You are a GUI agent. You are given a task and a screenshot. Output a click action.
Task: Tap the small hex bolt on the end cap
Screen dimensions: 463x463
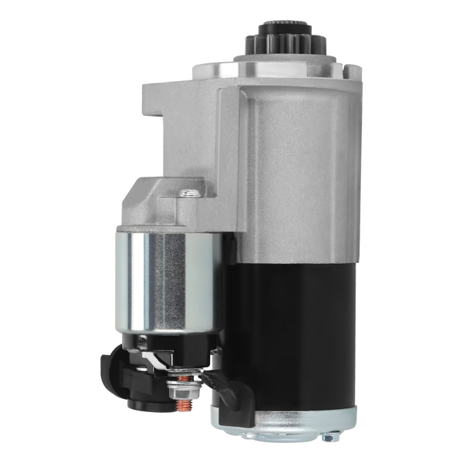pyautogui.click(x=327, y=438)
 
